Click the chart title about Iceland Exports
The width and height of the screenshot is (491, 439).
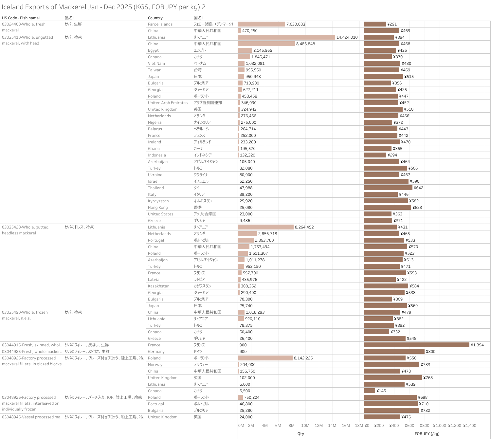(103, 7)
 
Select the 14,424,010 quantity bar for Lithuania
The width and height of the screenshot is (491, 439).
(286, 37)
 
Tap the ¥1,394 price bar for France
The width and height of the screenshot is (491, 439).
(417, 345)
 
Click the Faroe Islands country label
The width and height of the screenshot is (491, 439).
(160, 24)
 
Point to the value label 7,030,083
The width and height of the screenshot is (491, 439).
(296, 24)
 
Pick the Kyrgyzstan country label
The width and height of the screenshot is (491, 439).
(158, 201)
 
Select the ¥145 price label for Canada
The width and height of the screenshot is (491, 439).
(381, 391)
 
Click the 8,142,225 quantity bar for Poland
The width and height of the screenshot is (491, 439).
(265, 358)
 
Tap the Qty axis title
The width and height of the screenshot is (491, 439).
(300, 434)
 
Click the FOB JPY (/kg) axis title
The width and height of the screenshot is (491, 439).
(427, 434)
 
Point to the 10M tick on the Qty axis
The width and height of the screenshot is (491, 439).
(305, 426)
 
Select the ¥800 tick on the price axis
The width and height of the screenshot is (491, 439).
(424, 426)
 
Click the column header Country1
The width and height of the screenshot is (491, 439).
(156, 18)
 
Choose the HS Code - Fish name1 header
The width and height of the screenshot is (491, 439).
(21, 18)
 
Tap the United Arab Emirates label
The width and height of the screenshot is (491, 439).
(168, 103)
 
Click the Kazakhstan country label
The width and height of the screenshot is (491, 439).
(158, 286)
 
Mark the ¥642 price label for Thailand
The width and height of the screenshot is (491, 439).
(418, 188)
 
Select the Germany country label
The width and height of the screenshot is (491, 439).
(156, 352)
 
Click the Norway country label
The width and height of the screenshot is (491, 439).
(155, 365)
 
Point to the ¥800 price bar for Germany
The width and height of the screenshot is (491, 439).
(394, 352)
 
